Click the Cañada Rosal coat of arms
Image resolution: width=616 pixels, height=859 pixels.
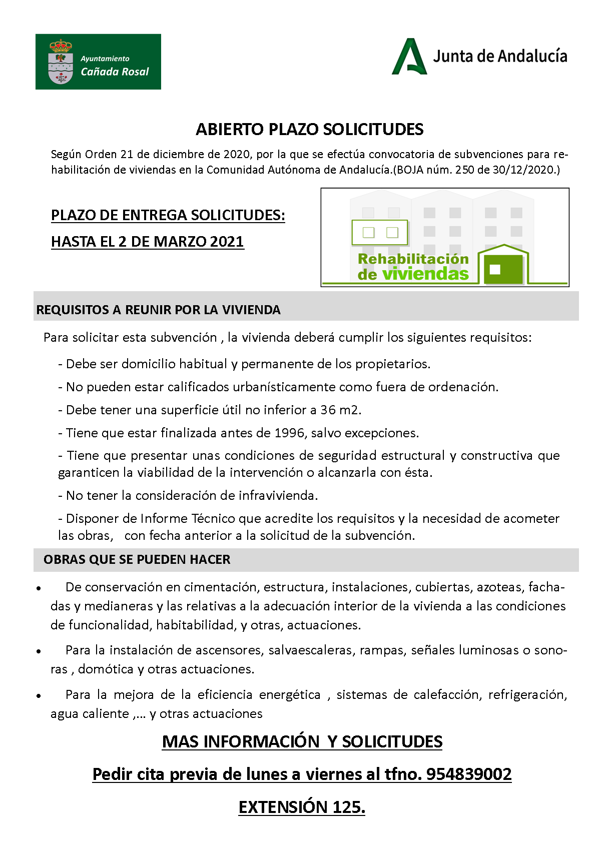point(60,62)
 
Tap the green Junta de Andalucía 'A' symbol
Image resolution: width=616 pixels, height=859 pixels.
point(409,58)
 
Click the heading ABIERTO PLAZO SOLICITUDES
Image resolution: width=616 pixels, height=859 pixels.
point(309,130)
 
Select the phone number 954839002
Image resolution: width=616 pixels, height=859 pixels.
point(468,774)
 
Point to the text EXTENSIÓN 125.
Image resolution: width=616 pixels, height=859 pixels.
point(302,807)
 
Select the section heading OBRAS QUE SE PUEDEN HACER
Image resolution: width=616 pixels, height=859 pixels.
point(137,559)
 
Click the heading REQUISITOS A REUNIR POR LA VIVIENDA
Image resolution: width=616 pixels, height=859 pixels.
point(158,310)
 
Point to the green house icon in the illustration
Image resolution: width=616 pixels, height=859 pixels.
point(503,265)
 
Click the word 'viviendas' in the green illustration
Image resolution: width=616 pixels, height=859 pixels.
point(425,274)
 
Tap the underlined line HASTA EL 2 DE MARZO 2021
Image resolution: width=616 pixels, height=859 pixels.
point(147,242)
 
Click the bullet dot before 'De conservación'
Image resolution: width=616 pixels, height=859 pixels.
point(39,589)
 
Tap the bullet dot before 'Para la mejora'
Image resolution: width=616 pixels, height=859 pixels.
point(39,696)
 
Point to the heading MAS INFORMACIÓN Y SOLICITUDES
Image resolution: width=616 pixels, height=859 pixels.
point(302,741)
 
